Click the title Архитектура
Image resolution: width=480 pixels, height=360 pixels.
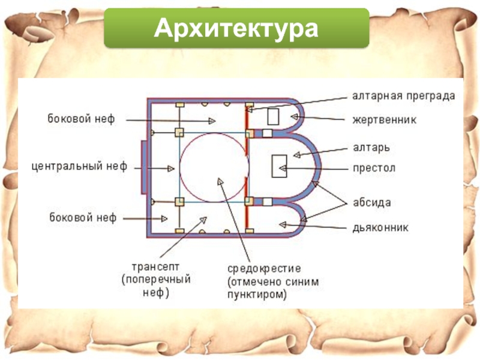point(236,28)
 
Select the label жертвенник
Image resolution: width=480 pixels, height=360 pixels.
point(383,120)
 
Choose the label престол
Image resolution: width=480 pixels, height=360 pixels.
point(373,168)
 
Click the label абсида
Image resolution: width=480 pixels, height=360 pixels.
point(371,203)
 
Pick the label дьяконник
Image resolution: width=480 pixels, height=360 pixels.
point(380,227)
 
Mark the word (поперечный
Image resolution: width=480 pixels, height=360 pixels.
point(156,280)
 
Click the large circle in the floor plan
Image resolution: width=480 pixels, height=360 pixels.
point(214,167)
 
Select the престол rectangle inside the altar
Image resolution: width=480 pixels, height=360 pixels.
point(280,166)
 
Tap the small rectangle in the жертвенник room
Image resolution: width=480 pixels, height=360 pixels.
point(273,116)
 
